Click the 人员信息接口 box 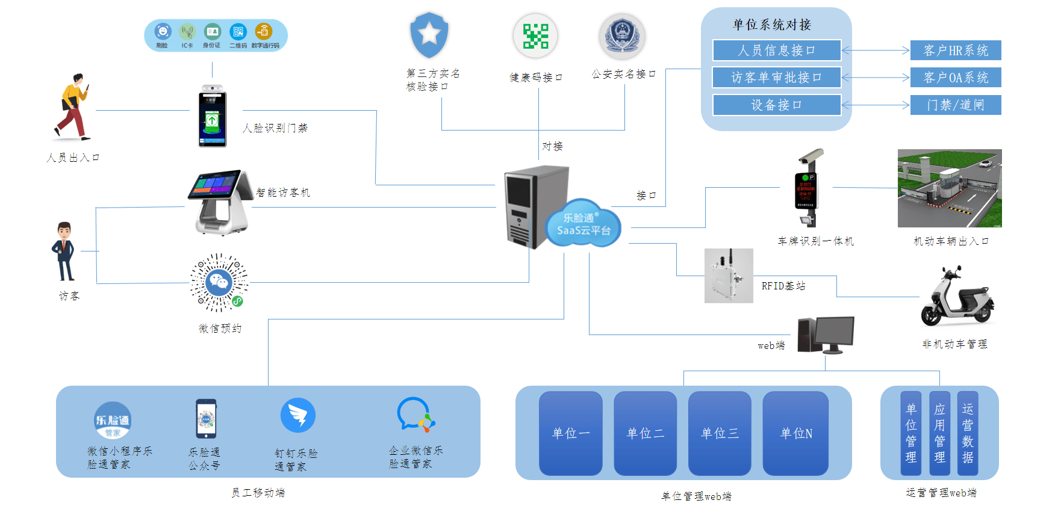[776, 51]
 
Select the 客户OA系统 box [956, 78]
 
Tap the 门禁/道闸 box [956, 105]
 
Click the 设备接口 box [776, 105]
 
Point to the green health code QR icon [535, 36]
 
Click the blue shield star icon [429, 35]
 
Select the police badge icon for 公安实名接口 [622, 36]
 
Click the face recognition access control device [213, 117]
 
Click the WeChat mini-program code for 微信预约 [219, 282]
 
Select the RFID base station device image [729, 276]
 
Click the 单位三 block [720, 433]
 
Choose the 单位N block [795, 433]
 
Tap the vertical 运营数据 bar [968, 433]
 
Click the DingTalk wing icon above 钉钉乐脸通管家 [298, 415]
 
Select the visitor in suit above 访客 [64, 251]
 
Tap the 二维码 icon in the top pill [238, 32]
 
